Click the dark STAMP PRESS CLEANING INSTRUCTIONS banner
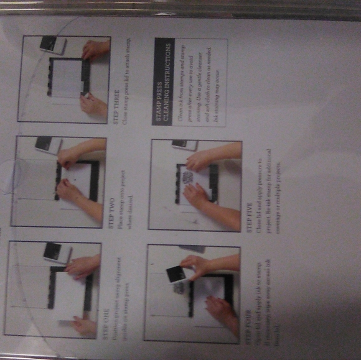164,81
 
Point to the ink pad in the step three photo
53,44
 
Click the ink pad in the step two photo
47,144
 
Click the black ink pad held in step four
175,276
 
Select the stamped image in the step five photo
187,181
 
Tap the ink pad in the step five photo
180,144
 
